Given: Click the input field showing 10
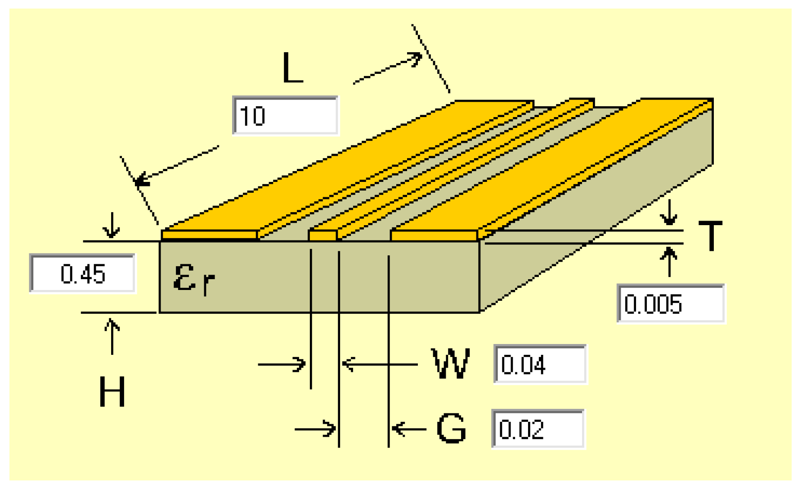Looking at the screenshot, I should tap(285, 116).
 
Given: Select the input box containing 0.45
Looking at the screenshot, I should tap(82, 273).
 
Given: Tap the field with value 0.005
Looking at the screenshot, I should tap(670, 303).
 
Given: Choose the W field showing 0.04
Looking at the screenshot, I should tap(540, 364).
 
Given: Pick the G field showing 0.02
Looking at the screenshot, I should tap(538, 429).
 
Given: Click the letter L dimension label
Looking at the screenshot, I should tap(292, 68).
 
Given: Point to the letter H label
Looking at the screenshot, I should tap(112, 392).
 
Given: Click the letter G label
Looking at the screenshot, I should tap(451, 428).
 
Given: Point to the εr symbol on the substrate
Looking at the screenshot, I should tap(194, 278).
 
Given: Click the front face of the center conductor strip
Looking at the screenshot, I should tap(323, 235).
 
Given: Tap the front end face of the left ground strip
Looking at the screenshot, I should tap(209, 235).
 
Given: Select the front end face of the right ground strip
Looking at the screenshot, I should tap(434, 235).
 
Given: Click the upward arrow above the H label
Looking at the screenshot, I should tap(112, 335).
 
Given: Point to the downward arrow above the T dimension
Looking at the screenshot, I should tap(669, 213).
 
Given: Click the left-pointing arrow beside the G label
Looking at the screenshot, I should tap(407, 429).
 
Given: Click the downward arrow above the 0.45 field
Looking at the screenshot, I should tap(111, 225).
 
